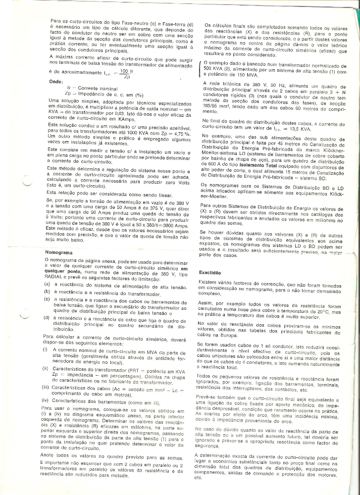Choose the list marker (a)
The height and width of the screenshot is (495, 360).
[x=46, y=288]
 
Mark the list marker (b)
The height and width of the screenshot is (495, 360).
[x=46, y=294]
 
